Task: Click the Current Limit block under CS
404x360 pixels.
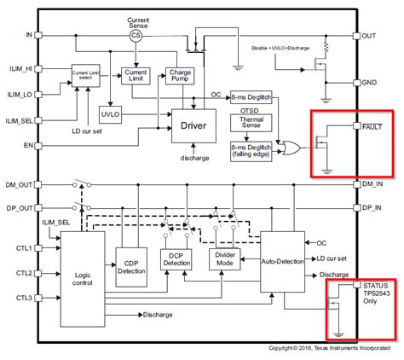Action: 136,79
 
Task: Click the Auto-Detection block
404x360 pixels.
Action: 281,259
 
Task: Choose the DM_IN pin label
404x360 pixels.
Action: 376,183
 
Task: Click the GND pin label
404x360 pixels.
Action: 372,83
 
